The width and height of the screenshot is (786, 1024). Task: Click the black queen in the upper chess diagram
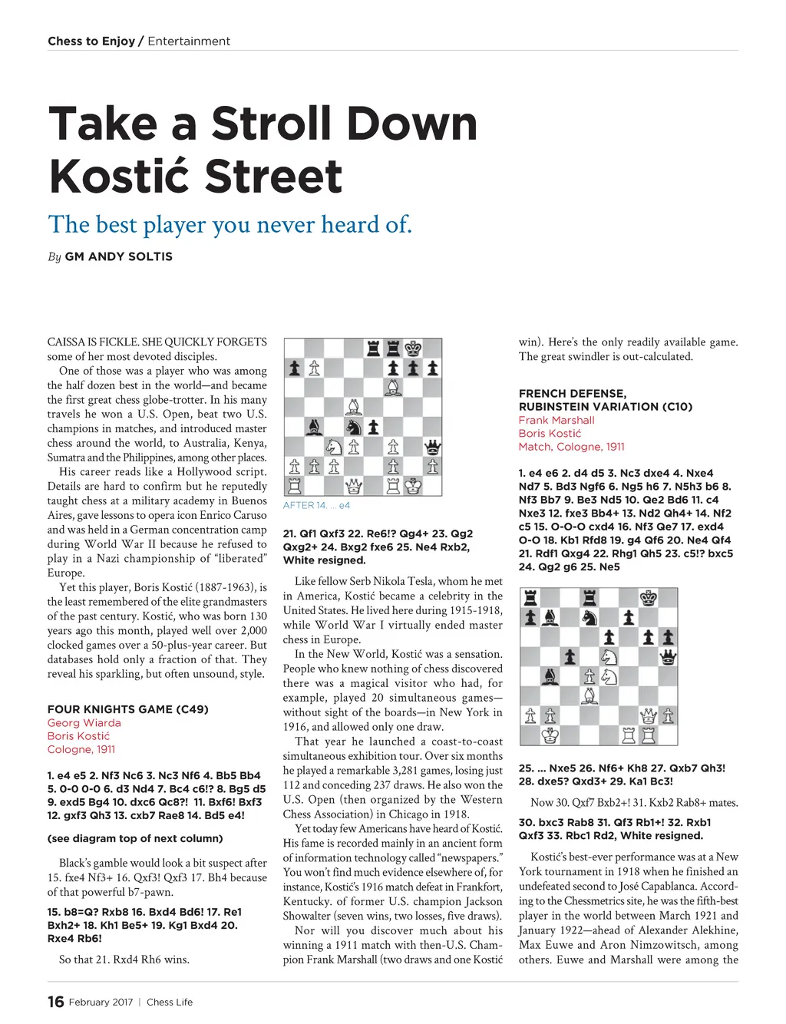(432, 447)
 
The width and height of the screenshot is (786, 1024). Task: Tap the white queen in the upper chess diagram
(353, 485)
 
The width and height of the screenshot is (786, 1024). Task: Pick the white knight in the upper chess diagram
(334, 447)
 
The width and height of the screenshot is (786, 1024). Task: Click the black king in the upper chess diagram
(413, 348)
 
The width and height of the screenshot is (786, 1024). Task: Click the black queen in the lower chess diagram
(668, 656)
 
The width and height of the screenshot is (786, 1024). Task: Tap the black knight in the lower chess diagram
(589, 617)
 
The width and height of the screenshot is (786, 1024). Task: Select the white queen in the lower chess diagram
(649, 715)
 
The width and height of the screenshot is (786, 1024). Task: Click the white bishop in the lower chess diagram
(589, 695)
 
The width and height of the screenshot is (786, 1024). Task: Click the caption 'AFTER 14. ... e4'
(316, 505)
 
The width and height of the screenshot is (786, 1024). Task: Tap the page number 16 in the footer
(55, 1002)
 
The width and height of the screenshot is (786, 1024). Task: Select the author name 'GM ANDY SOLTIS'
(119, 256)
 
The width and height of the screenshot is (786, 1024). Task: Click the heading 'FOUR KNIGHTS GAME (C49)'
(127, 709)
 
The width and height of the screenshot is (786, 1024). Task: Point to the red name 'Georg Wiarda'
(84, 722)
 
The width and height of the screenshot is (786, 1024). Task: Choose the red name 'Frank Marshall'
(556, 420)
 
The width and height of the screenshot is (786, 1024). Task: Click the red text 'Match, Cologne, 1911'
(571, 447)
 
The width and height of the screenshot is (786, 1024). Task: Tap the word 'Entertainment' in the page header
(189, 41)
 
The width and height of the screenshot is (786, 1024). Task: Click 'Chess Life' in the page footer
(170, 1002)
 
